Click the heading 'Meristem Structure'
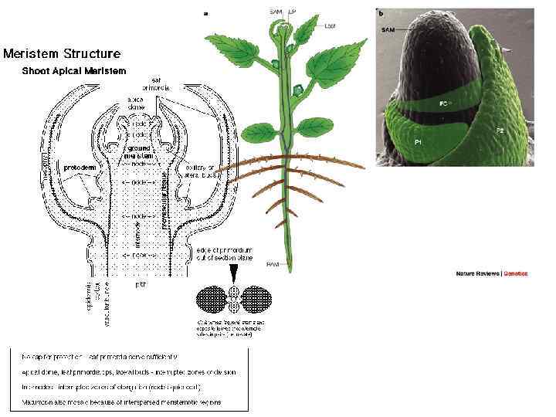click(x=62, y=53)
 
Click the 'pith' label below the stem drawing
click(x=141, y=285)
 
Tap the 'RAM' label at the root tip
click(x=273, y=265)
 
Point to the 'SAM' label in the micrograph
click(x=390, y=29)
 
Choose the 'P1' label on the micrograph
click(x=418, y=143)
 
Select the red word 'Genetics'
click(x=515, y=273)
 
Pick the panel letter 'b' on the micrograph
click(x=380, y=12)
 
